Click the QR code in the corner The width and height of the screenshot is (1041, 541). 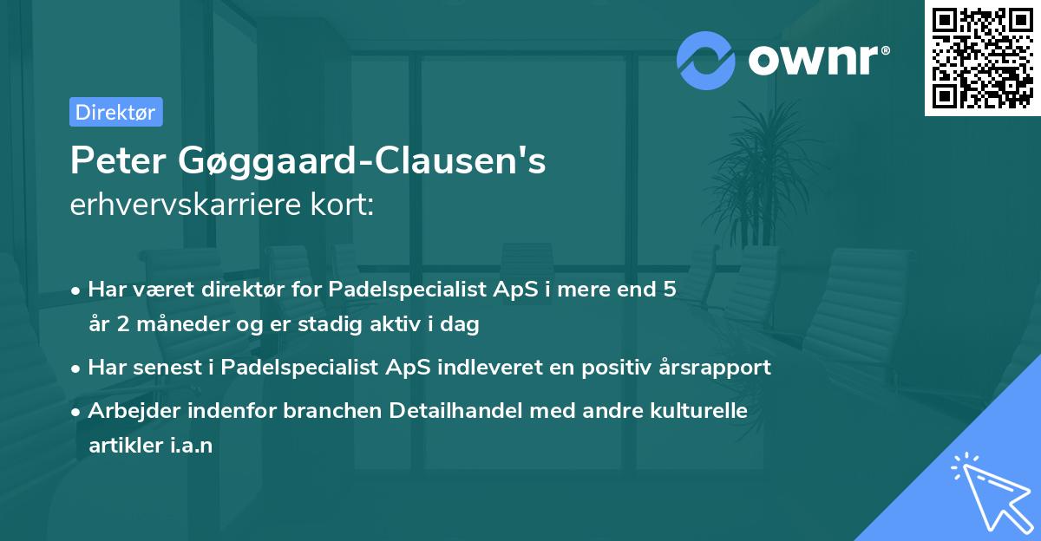[x=982, y=58]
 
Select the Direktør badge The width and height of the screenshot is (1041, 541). [x=115, y=112]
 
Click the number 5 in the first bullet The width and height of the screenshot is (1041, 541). [x=669, y=290]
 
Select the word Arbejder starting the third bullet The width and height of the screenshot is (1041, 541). [x=129, y=409]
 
